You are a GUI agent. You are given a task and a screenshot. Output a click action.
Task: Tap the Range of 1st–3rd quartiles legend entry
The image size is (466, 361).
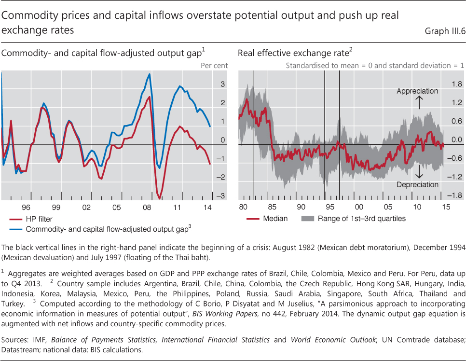coord(361,219)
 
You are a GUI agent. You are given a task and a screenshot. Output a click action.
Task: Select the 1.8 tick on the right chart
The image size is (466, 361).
coord(456,84)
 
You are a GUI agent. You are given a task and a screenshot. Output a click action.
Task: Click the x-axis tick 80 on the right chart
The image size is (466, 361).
coord(243,207)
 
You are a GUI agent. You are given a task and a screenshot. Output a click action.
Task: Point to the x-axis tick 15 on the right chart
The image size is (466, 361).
coord(446,207)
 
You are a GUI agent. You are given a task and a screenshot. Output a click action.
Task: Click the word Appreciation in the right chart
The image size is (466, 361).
coord(417,91)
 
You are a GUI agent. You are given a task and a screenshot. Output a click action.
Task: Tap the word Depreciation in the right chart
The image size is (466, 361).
coord(417,184)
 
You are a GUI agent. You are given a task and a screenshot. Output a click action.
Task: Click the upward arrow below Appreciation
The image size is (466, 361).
coord(419,102)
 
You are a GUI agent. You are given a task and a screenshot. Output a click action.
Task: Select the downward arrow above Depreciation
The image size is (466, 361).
coord(419,172)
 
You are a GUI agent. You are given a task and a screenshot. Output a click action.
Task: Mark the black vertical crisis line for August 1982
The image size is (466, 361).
coord(253,135)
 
